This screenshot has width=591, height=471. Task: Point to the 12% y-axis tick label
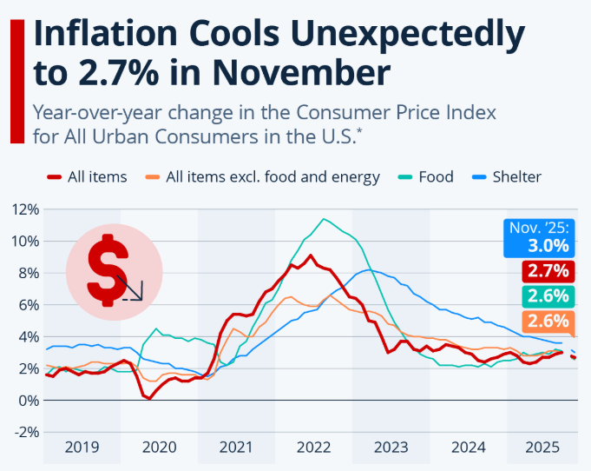(x=24, y=209)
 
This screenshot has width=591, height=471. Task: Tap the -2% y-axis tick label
(x=25, y=433)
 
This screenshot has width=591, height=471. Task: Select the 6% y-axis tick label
(x=28, y=305)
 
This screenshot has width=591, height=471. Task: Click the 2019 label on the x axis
(x=83, y=448)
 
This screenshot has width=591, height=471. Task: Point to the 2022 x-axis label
(x=314, y=448)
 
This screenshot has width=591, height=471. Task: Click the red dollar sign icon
(x=114, y=268)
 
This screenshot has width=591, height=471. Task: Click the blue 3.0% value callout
(x=538, y=238)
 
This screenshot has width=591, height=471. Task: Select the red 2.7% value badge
(x=547, y=271)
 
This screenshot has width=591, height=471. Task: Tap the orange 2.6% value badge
(x=547, y=321)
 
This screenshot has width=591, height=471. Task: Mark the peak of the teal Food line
(x=324, y=219)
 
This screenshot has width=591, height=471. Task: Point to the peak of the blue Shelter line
(x=368, y=270)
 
